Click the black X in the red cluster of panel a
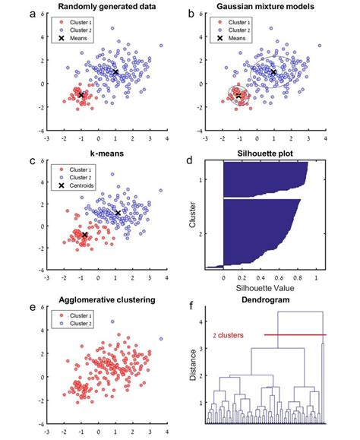tap(81, 95)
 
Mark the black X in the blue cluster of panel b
tap(273, 72)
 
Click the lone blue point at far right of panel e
tap(160, 339)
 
